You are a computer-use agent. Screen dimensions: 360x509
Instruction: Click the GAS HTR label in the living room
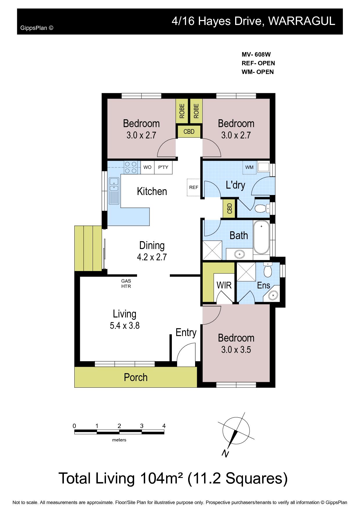click(x=126, y=284)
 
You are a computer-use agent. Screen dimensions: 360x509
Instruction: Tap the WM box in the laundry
click(x=249, y=167)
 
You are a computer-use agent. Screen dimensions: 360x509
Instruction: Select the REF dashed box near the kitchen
click(x=194, y=187)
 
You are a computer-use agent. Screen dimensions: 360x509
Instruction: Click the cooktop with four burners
click(x=131, y=167)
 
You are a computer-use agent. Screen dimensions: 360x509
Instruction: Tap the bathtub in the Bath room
click(x=261, y=237)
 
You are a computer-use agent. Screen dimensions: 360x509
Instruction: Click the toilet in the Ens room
click(x=267, y=270)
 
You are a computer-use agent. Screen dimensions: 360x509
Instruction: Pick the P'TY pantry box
click(x=163, y=167)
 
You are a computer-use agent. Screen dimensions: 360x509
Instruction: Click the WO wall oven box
click(x=147, y=167)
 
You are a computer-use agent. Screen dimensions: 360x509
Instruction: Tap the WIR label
click(x=224, y=285)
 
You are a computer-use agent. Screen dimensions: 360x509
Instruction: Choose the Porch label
click(x=136, y=377)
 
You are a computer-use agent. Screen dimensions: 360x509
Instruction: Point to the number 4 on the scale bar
click(x=164, y=426)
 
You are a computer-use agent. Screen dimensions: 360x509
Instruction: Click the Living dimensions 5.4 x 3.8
click(x=125, y=326)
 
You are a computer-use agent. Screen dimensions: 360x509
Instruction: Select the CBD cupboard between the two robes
click(x=189, y=131)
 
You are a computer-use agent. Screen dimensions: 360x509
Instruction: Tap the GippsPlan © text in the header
click(x=37, y=28)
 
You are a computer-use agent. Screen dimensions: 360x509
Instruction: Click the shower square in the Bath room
click(x=212, y=250)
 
